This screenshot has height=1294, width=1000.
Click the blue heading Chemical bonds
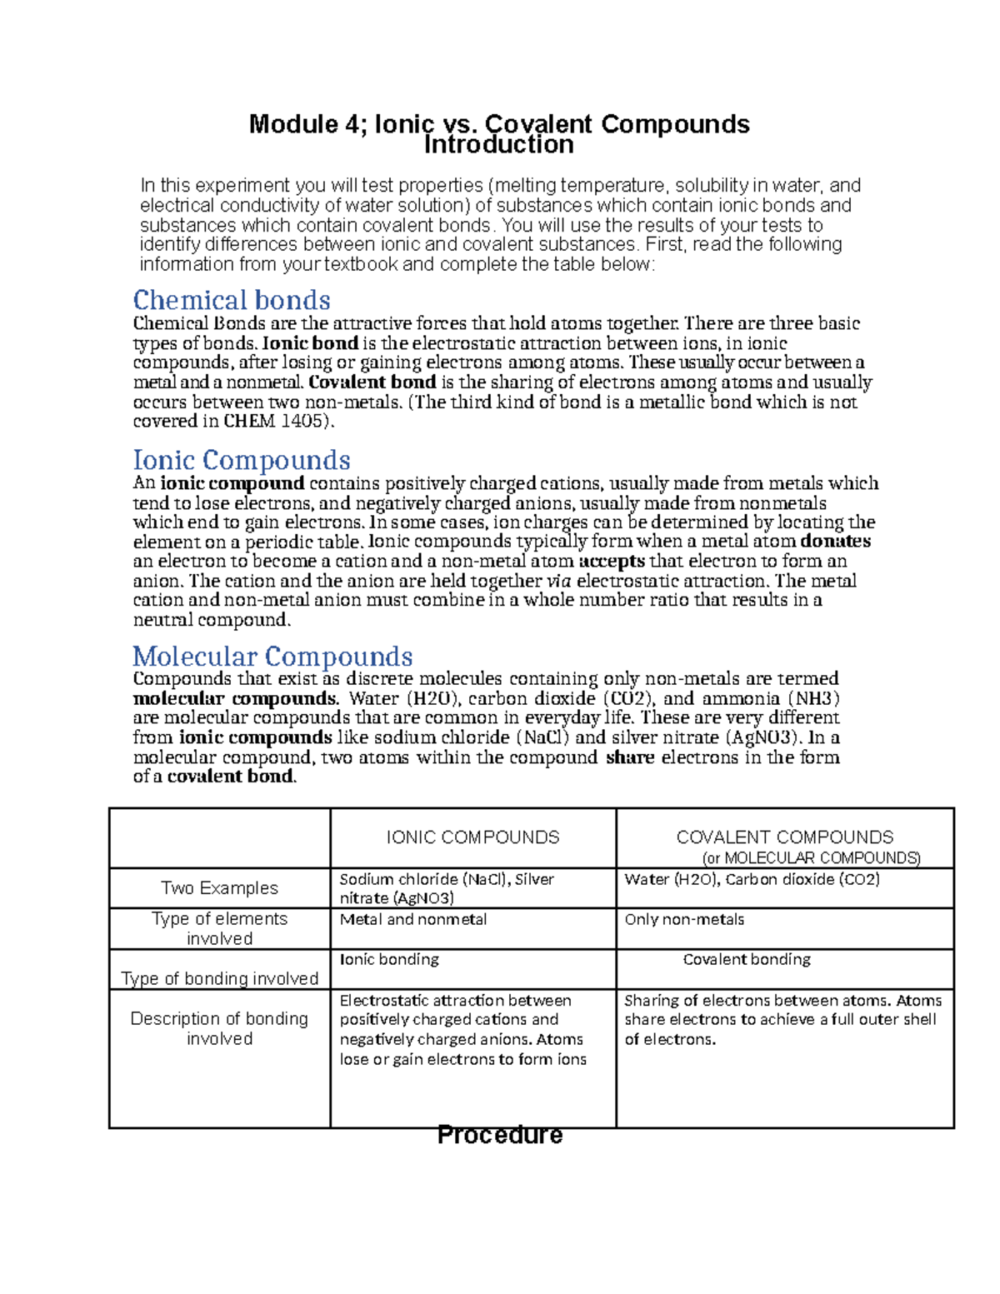point(232,300)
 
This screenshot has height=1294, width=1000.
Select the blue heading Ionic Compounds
point(242,460)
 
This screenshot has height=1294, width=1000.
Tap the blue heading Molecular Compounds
point(272,657)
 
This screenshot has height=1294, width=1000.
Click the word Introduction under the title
point(498,146)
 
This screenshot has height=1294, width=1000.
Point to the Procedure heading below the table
point(500,1135)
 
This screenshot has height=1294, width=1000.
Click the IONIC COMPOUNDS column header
point(472,837)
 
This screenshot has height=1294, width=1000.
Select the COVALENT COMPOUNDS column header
point(784,837)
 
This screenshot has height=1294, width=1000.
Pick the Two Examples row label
point(219,888)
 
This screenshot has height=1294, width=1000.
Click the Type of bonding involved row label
point(219,978)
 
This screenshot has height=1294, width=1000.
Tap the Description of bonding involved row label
point(219,1028)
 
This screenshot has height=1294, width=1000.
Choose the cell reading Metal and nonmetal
point(413,920)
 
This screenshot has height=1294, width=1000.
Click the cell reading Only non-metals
point(684,920)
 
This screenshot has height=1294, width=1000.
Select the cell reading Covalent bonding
point(747,960)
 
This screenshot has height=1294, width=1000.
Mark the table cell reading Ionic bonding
point(389,960)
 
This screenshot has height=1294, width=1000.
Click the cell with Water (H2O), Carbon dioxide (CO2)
point(752,880)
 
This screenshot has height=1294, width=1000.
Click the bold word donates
point(835,542)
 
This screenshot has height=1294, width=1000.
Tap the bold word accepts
point(611,562)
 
